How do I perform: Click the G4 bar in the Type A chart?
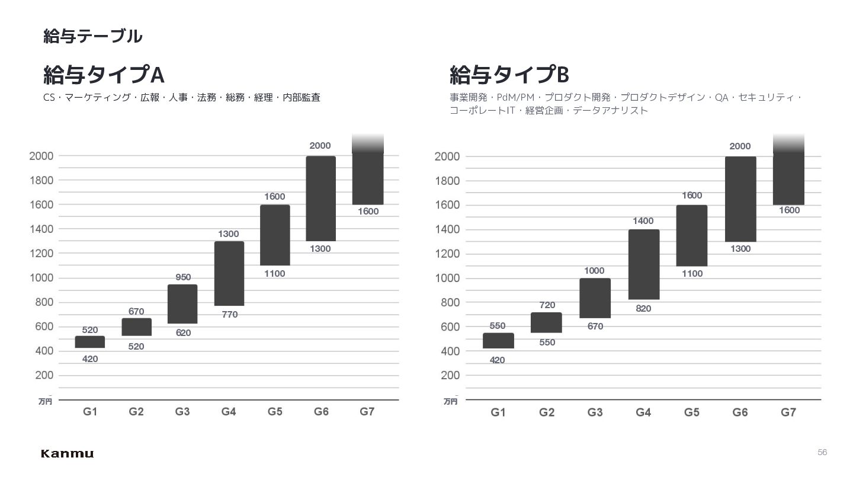tap(229, 274)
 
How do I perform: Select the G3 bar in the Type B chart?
tap(595, 298)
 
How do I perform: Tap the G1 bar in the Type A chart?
tap(90, 342)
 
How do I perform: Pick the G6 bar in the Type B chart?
tap(740, 199)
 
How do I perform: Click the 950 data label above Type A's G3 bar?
tap(183, 277)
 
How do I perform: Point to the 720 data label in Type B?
tap(547, 305)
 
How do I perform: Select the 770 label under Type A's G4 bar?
tap(230, 315)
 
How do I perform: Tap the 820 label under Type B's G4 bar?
tap(643, 309)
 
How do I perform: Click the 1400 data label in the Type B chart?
tap(643, 221)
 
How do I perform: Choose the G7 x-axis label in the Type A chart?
tap(367, 412)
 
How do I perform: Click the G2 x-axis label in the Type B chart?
tap(546, 412)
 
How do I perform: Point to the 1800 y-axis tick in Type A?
tap(41, 181)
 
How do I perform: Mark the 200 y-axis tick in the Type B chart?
tap(450, 376)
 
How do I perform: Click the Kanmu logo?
tap(67, 453)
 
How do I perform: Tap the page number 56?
tap(822, 452)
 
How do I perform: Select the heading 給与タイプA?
tap(104, 74)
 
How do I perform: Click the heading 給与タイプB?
tap(509, 74)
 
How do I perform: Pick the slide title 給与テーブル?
tap(92, 36)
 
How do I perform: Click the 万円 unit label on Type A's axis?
tap(45, 402)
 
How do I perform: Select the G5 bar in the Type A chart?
tap(275, 235)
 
